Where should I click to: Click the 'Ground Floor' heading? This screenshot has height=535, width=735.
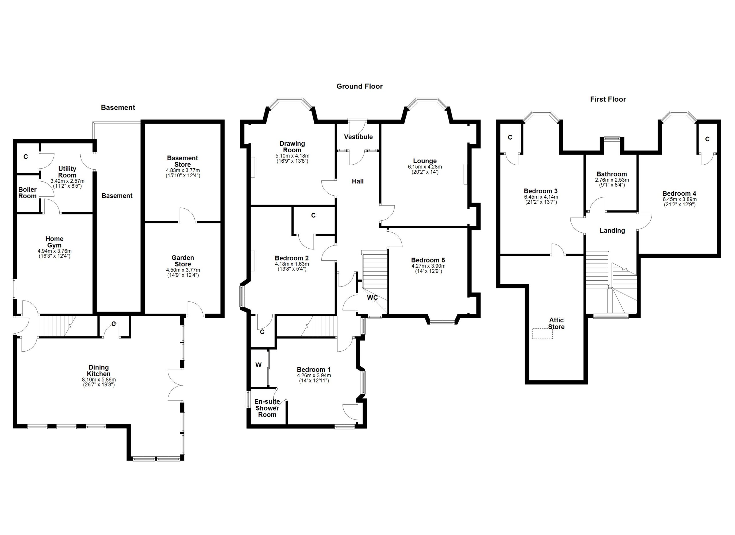(x=359, y=86)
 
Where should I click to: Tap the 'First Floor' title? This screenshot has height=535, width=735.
(x=608, y=99)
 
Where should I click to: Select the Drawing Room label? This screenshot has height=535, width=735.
(x=292, y=147)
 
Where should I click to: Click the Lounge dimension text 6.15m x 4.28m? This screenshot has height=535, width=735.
(x=425, y=167)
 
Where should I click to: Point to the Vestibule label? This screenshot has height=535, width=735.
(x=358, y=137)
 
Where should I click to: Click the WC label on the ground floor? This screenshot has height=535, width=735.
(x=372, y=297)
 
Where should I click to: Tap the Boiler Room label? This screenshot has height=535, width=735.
(x=27, y=193)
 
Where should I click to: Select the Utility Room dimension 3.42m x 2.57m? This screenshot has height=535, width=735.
(x=67, y=181)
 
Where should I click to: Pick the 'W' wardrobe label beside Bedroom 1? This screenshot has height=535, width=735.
(x=258, y=365)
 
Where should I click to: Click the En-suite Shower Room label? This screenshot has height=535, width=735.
(x=267, y=408)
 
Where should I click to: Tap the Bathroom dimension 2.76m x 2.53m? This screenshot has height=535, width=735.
(x=612, y=180)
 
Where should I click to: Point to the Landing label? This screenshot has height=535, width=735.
(x=612, y=230)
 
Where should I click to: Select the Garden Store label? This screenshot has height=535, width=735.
(x=183, y=261)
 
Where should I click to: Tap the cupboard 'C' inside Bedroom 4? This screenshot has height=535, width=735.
(x=707, y=139)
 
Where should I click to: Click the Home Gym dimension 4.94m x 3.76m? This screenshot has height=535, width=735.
(x=55, y=251)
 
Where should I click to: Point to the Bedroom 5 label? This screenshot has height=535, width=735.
(x=428, y=260)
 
